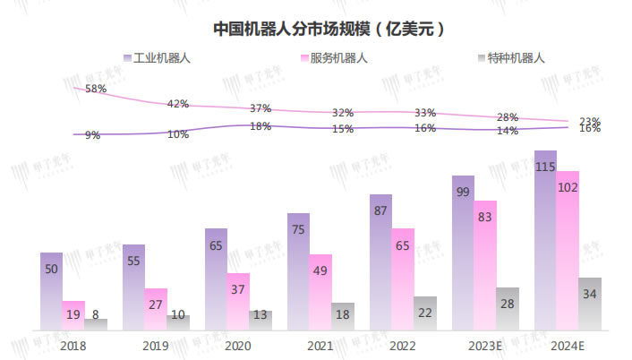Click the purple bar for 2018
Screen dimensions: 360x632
tap(51, 291)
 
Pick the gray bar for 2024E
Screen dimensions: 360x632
tap(590, 304)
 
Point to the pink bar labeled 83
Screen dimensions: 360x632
tap(485, 265)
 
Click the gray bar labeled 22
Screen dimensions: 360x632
tap(425, 313)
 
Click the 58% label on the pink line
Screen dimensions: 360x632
tap(96, 89)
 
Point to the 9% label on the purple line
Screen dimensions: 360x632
tap(92, 135)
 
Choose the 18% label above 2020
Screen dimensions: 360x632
tap(260, 126)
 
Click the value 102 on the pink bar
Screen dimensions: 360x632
tap(568, 188)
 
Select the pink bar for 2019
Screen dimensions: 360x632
tap(156, 309)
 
